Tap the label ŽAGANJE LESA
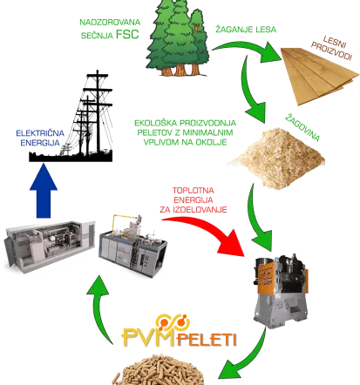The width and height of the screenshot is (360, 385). pyautogui.click(x=246, y=30)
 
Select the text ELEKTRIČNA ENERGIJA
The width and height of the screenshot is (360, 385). pyautogui.click(x=40, y=138)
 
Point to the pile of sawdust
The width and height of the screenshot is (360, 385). pyautogui.click(x=276, y=159)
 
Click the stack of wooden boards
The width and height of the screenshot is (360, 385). pyautogui.click(x=320, y=76)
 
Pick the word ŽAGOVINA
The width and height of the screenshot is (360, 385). pyautogui.click(x=302, y=128)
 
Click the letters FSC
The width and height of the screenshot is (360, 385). pyautogui.click(x=127, y=34)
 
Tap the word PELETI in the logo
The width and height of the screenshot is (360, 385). pyautogui.click(x=206, y=340)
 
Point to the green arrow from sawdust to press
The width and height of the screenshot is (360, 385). pyautogui.click(x=256, y=218)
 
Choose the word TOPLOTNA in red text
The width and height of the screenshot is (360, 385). pyautogui.click(x=194, y=191)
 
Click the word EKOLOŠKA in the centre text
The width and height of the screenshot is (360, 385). pyautogui.click(x=154, y=123)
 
